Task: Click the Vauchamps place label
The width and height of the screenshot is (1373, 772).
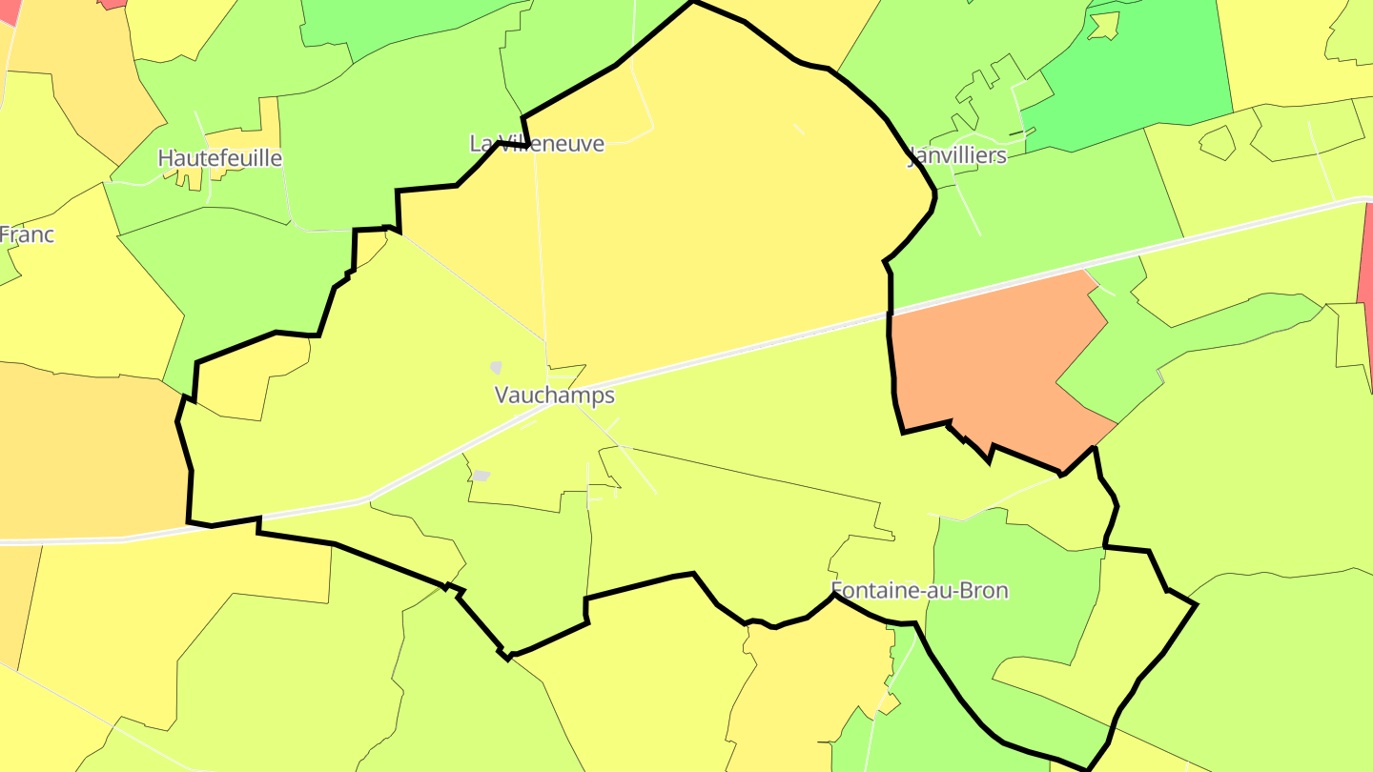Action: coord(554,395)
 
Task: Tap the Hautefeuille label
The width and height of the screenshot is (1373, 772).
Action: coord(220,157)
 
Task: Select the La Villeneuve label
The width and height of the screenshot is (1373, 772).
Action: coord(537,143)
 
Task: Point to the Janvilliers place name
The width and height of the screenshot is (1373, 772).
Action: coord(956,155)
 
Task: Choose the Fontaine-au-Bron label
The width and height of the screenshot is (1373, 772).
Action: coord(919,590)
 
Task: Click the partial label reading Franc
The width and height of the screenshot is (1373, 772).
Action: coord(27,234)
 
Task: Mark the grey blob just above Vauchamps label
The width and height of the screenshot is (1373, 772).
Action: coord(496,367)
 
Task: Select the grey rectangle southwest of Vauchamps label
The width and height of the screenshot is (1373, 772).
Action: coord(482,476)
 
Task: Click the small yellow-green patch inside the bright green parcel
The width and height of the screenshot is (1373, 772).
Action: coord(1104,26)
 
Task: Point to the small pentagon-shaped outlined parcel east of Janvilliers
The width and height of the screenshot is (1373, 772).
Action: coord(1217,142)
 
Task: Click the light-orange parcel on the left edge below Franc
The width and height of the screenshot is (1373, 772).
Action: coord(86,448)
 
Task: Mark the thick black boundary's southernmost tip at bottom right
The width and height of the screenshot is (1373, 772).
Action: coord(1088,768)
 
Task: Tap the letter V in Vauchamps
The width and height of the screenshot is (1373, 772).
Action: coord(502,395)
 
